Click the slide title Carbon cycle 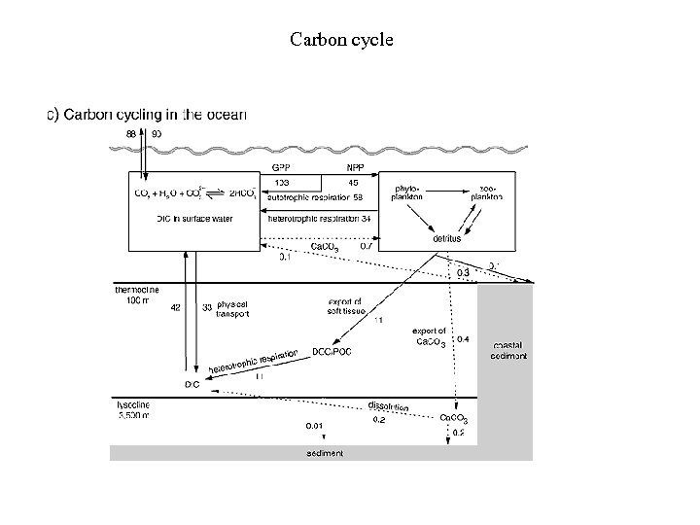pyautogui.click(x=341, y=41)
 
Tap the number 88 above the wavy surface pyautogui.click(x=131, y=132)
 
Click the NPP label pyautogui.click(x=355, y=167)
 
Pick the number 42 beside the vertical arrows pyautogui.click(x=176, y=307)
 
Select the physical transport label pyautogui.click(x=232, y=310)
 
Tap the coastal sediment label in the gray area pyautogui.click(x=508, y=350)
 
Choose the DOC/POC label pyautogui.click(x=332, y=352)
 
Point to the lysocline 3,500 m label pyautogui.click(x=132, y=407)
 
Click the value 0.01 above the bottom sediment pyautogui.click(x=315, y=426)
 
